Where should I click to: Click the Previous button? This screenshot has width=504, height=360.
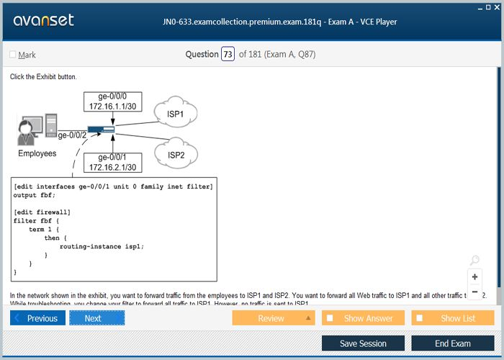click(38, 318)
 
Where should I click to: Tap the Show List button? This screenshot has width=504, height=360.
click(453, 318)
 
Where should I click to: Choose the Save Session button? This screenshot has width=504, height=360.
click(363, 343)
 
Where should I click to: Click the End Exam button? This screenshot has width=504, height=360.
click(453, 343)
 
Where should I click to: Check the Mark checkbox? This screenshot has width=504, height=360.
click(12, 55)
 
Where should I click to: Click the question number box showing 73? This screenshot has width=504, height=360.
click(228, 54)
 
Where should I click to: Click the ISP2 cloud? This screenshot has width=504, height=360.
click(176, 154)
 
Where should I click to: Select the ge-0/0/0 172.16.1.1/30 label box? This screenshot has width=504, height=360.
click(112, 102)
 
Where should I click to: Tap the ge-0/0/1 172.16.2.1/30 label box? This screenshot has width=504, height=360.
click(112, 163)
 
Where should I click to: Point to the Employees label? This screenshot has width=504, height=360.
click(37, 153)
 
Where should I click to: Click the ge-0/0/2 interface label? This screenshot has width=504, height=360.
click(72, 135)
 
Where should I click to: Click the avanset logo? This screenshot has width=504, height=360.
click(43, 20)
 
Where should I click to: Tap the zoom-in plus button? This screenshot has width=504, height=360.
click(474, 276)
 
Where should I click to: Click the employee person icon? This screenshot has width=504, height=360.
click(27, 130)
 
